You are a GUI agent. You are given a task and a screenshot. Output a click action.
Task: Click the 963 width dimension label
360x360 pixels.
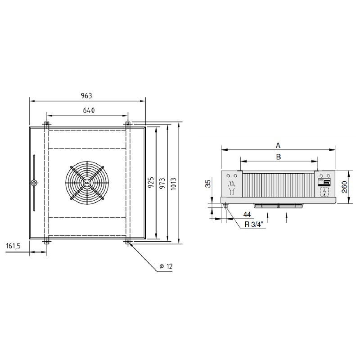tap(86, 96)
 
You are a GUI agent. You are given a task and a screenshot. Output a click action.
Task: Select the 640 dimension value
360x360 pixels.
tap(89, 110)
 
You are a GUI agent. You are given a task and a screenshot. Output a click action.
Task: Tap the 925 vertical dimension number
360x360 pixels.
tap(151, 183)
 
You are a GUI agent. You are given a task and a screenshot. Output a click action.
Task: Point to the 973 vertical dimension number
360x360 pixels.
tap(162, 183)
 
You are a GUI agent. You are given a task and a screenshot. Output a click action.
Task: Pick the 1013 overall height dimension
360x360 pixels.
tap(174, 184)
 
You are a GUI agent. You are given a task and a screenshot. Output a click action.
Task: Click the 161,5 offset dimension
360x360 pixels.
tap(13, 246)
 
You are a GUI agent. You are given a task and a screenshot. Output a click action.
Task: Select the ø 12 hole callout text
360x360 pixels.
tap(166, 266)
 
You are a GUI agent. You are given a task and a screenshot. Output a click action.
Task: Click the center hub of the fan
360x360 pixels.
tap(87, 183)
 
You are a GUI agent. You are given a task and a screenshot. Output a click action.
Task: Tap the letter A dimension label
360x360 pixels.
tap(278, 145)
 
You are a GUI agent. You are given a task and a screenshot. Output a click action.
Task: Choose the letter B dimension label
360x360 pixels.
tap(278, 157)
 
